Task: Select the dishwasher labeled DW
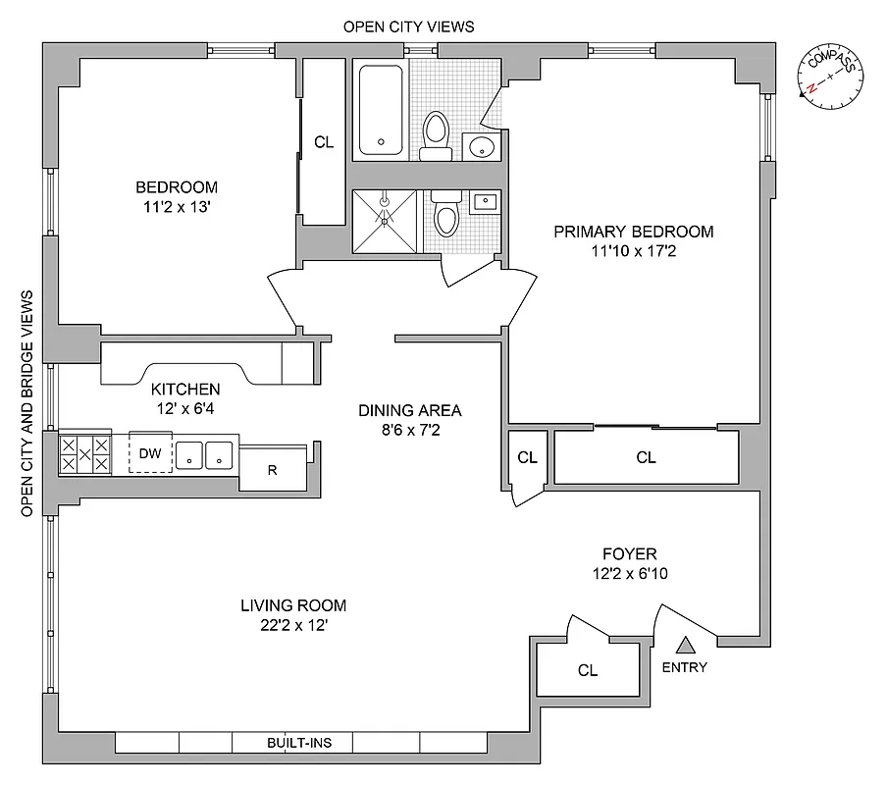pos(150,453)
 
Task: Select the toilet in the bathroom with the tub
pos(434,135)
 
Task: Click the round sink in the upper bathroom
pos(482,147)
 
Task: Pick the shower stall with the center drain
pos(385,220)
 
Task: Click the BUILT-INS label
pos(299,743)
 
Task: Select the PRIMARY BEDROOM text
pos(633,232)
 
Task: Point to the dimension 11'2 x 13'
pos(177,206)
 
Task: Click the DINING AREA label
pos(409,411)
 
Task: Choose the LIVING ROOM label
pos(293,605)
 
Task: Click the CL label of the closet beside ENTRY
pos(588,671)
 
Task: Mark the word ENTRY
pos(685,667)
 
